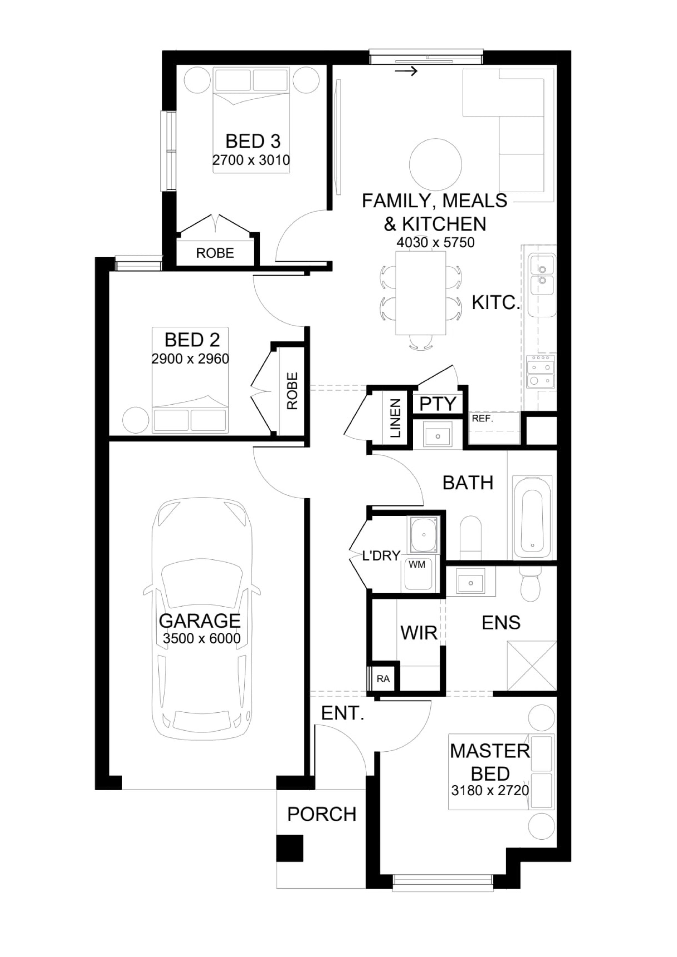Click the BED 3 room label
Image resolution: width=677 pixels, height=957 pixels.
point(253,141)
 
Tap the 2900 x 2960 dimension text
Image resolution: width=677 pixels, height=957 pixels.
point(190,359)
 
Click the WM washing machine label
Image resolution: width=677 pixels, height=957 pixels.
point(417,565)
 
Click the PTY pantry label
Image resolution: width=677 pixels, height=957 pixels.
point(437,404)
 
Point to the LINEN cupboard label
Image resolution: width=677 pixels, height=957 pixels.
point(395,418)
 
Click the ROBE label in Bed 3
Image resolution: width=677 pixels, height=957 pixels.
point(215,253)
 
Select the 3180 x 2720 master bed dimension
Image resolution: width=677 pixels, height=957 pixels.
point(490,790)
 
